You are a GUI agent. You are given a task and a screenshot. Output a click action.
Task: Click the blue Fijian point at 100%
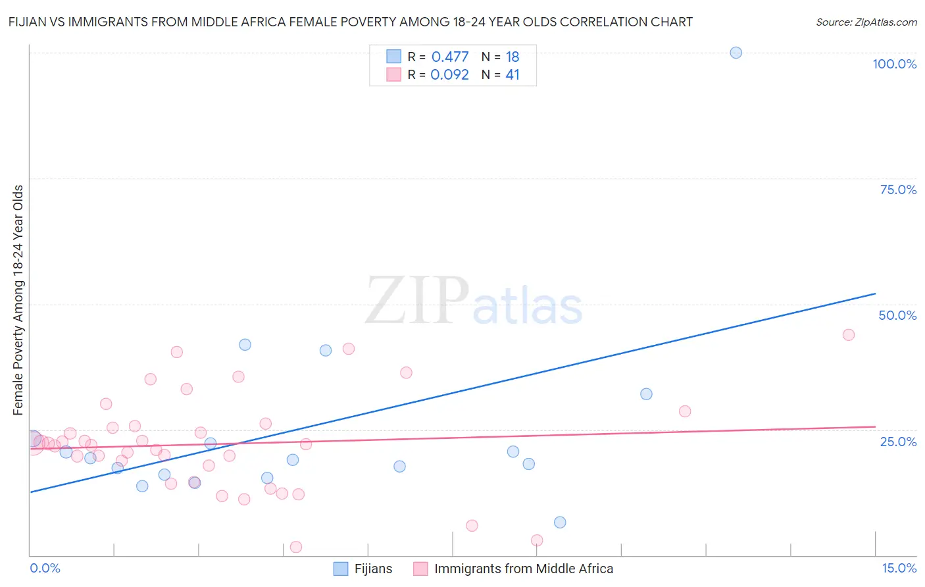[736, 53]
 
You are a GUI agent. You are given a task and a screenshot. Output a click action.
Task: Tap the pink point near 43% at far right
[848, 335]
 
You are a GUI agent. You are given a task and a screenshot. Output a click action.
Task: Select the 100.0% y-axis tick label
[894, 64]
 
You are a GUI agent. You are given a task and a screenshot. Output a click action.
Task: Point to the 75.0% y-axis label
[898, 190]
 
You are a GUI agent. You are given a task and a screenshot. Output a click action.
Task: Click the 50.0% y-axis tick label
[897, 315]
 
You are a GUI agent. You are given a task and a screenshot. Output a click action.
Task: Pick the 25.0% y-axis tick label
[898, 441]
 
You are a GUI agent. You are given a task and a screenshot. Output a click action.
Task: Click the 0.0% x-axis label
[45, 568]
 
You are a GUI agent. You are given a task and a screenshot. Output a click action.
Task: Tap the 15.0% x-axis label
[899, 568]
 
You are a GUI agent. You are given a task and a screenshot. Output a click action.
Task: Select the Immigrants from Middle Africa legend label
[523, 569]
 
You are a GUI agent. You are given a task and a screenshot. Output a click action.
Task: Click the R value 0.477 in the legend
[450, 57]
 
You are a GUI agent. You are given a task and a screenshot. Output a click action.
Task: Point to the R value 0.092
[449, 75]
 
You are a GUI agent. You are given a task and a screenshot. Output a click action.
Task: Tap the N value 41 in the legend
[512, 75]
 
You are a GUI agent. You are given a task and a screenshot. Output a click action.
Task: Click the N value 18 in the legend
[512, 57]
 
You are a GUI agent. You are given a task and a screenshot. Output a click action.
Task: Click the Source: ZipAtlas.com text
[866, 22]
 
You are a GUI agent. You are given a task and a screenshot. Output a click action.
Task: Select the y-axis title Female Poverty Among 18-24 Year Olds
[18, 300]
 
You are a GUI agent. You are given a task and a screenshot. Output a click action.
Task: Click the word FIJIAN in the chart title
[30, 22]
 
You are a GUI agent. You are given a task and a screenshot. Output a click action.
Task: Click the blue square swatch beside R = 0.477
[393, 57]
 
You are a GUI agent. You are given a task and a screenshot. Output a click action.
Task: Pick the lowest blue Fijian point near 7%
[560, 523]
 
